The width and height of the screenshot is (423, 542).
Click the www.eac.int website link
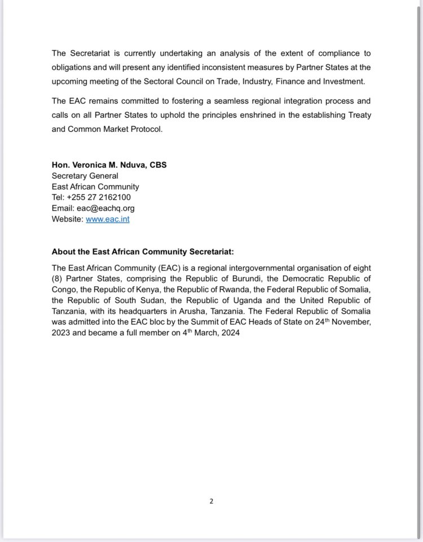(107, 219)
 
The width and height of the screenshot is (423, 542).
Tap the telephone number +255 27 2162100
(100, 197)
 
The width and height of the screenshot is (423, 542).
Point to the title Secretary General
(85, 176)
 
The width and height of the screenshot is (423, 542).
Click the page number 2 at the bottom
(211, 501)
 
